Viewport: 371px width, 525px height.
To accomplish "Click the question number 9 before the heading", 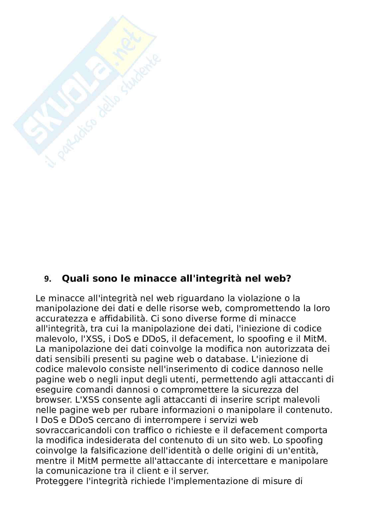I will pos(48,279).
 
